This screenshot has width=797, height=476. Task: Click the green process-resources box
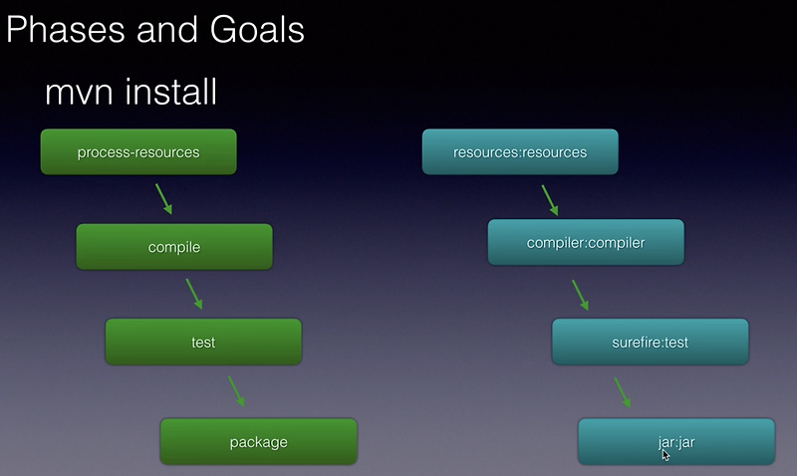click(x=138, y=152)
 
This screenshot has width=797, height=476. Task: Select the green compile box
click(x=174, y=247)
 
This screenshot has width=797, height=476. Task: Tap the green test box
click(x=203, y=342)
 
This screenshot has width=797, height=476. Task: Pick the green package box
click(x=258, y=442)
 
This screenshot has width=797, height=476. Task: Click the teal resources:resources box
click(x=520, y=152)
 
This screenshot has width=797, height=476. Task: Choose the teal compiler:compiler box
click(x=586, y=242)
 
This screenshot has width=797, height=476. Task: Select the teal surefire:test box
click(x=650, y=342)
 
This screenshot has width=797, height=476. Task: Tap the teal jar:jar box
click(x=676, y=442)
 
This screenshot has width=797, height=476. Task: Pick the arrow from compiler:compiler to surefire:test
click(x=580, y=294)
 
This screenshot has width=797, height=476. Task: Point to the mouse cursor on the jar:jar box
click(x=665, y=455)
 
